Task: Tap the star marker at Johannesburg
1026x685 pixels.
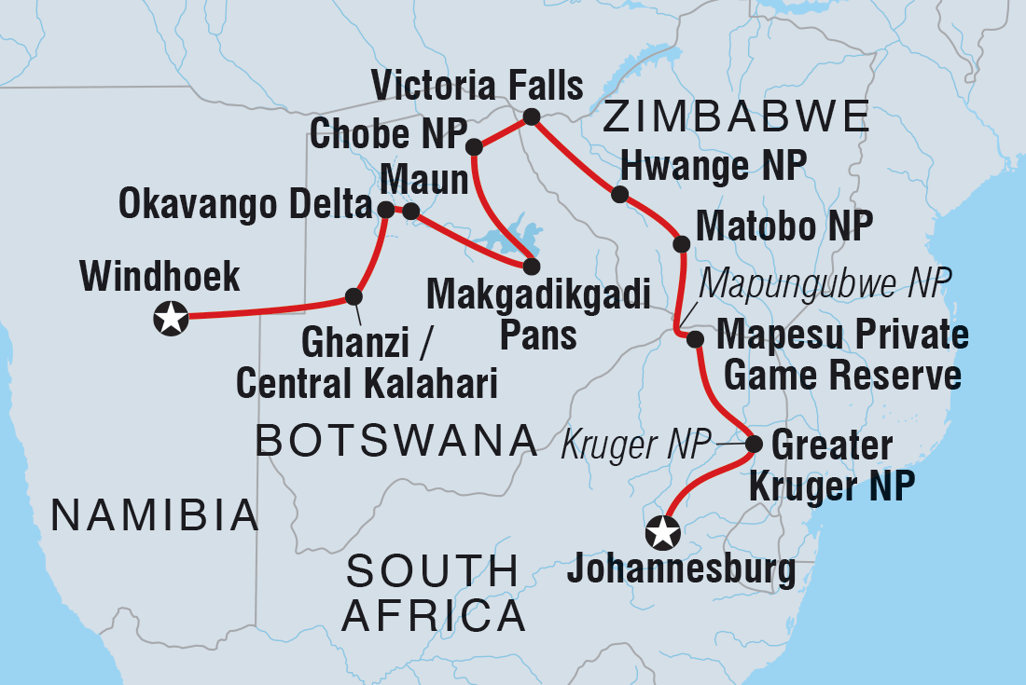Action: click(x=663, y=533)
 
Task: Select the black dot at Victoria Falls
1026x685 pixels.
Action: click(x=531, y=116)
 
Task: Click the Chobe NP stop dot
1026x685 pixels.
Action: click(x=474, y=146)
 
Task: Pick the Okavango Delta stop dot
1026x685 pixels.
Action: click(x=386, y=210)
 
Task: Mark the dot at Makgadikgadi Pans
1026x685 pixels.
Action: click(x=531, y=267)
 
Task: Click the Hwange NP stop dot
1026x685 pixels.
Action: click(x=618, y=194)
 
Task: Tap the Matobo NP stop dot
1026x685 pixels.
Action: click(x=681, y=244)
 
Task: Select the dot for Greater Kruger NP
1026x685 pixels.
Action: click(x=754, y=445)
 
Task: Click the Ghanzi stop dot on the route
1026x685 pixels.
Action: click(x=354, y=296)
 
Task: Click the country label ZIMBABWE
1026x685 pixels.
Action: click(x=736, y=117)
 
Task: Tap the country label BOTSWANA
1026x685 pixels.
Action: click(x=396, y=440)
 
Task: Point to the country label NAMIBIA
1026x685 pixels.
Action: click(x=155, y=514)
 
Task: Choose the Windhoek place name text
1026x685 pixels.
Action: click(x=160, y=277)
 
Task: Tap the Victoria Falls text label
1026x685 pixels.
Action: click(x=477, y=86)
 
